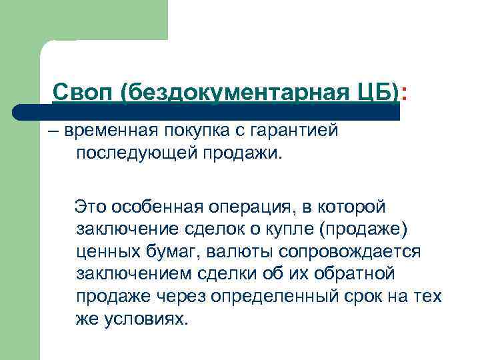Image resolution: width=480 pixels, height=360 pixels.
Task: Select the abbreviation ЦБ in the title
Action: [x=376, y=91]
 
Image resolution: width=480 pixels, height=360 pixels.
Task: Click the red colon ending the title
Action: [x=406, y=93]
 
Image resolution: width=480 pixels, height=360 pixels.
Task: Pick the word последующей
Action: [x=133, y=155]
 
